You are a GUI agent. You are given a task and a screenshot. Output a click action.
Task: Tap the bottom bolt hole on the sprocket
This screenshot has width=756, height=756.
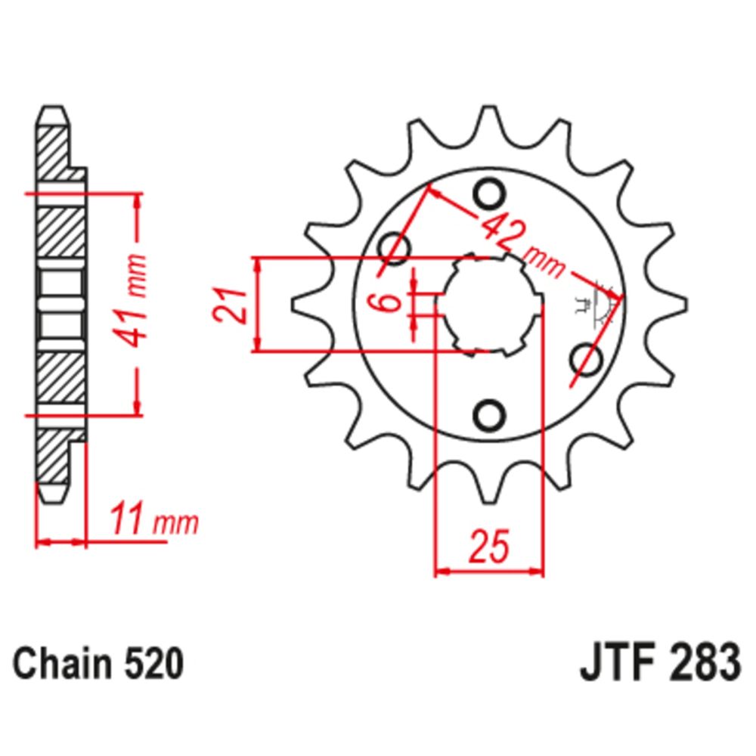pos(489,414)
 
